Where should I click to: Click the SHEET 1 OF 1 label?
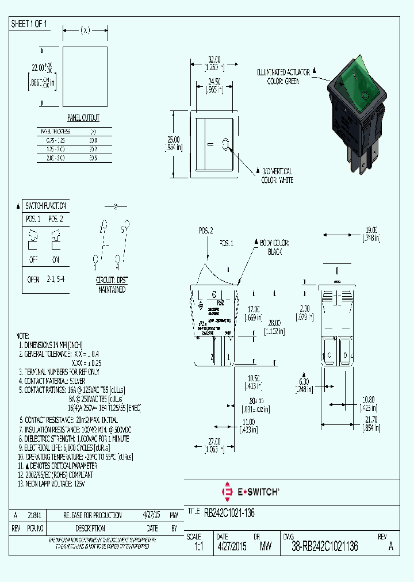pos(29,24)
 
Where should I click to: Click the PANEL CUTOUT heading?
pos(83,118)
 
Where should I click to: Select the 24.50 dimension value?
pos(214,82)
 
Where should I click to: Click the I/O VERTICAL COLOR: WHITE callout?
pos(278,176)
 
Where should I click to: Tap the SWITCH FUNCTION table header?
pos(45,205)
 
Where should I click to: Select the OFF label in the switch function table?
pos(33,259)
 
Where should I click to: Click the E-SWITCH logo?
pos(251,492)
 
